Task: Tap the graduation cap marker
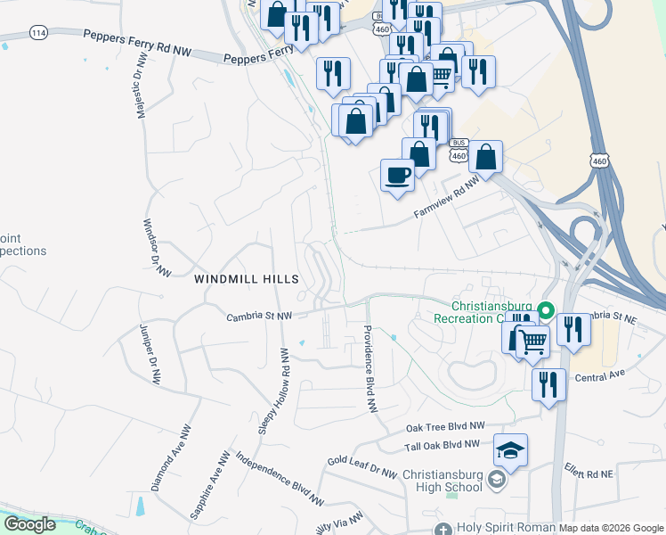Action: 511,449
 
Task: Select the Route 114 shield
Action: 38,32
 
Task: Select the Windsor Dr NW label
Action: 158,247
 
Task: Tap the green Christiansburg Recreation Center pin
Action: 547,312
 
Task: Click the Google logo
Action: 29,524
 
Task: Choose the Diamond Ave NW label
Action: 171,457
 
